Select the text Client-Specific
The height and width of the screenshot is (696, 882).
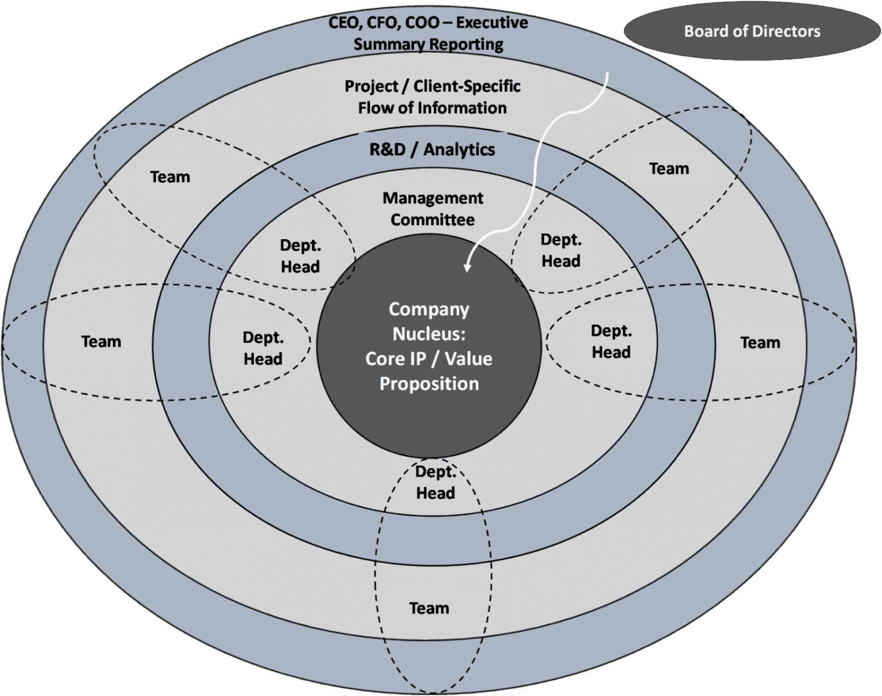[x=467, y=86]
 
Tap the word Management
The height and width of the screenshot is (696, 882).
[x=433, y=198]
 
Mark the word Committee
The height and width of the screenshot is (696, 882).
[x=433, y=220]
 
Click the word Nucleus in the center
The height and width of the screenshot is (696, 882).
[x=429, y=334]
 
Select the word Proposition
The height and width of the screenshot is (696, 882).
[x=429, y=384]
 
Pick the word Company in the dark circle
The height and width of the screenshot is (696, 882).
[x=429, y=309]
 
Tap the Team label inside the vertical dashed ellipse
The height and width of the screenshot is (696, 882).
[x=429, y=608]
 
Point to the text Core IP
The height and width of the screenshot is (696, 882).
[x=393, y=359]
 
